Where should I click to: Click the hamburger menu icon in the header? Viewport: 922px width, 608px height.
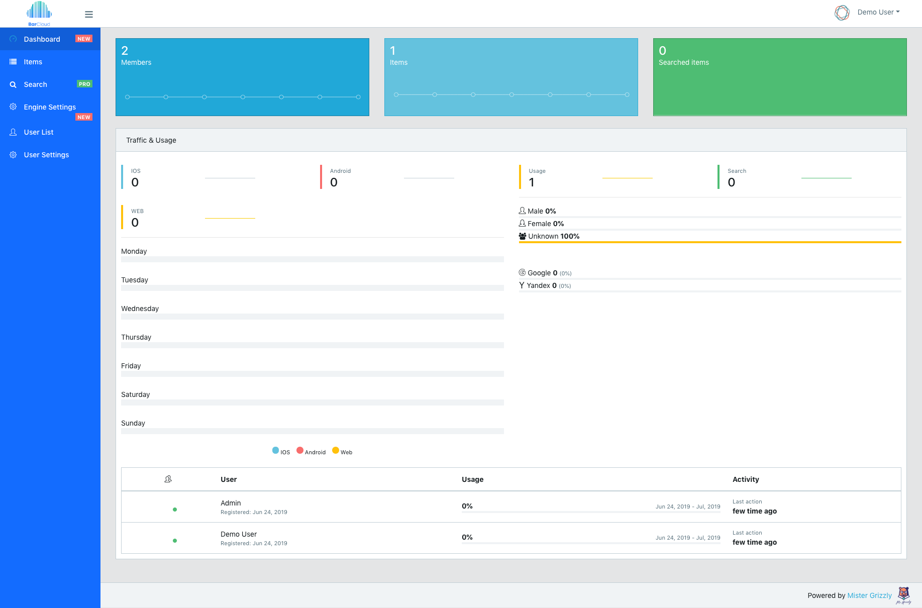pos(89,15)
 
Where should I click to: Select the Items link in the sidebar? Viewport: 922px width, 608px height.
pos(33,62)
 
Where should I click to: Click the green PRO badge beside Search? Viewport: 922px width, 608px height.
pos(84,84)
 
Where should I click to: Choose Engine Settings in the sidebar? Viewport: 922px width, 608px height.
pos(50,107)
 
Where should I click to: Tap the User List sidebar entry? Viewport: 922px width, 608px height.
pos(39,132)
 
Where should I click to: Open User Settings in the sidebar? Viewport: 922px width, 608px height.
pos(46,155)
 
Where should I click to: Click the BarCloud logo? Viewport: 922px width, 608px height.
pos(39,14)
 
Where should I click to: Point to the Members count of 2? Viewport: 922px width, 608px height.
pos(125,51)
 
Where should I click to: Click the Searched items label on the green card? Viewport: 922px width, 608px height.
pos(683,62)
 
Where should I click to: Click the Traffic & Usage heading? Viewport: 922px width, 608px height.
pos(151,140)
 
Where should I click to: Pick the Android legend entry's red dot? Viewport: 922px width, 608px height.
pos(300,450)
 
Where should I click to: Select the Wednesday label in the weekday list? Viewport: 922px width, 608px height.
pos(140,309)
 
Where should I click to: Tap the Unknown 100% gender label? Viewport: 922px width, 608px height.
pos(553,236)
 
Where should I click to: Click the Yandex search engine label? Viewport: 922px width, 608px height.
pos(538,285)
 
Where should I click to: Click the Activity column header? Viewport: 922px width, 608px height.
pos(746,479)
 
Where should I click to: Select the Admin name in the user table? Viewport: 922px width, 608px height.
pos(231,503)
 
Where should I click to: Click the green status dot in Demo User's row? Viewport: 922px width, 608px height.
pos(175,541)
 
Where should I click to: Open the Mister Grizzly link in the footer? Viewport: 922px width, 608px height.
pos(869,595)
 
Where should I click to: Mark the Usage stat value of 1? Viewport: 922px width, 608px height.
pos(532,182)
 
